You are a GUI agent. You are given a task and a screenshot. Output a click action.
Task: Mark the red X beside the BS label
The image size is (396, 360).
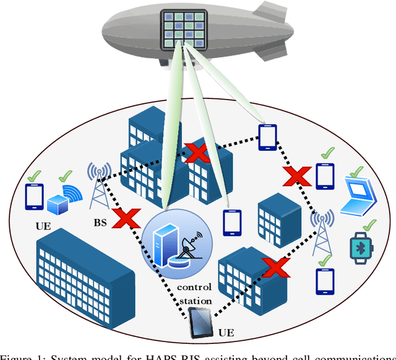click(x=127, y=219)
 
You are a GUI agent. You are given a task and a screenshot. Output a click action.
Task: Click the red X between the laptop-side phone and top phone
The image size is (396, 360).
click(x=296, y=176)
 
